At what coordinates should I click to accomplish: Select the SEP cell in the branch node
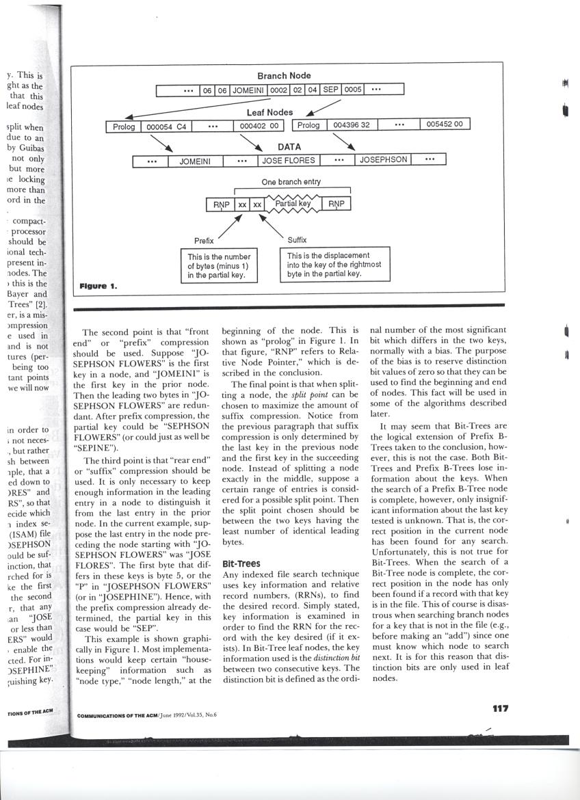coord(331,90)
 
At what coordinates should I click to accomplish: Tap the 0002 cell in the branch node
coord(278,90)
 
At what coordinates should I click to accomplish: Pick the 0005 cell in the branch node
coord(354,90)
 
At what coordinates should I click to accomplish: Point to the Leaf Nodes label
coord(269,111)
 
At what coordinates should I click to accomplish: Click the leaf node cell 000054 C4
coord(168,126)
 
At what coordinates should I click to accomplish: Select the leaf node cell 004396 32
coord(352,125)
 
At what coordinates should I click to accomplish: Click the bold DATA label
coord(290,147)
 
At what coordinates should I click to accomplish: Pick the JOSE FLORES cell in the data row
coord(289,161)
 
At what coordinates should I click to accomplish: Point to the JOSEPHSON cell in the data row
coord(383,160)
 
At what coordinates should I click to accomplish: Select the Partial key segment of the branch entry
coord(293,204)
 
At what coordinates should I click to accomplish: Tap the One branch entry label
coord(291,183)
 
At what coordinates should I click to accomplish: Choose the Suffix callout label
coord(297,240)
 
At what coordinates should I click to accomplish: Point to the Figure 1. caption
coord(98,286)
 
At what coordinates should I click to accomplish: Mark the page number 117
coord(501,708)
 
